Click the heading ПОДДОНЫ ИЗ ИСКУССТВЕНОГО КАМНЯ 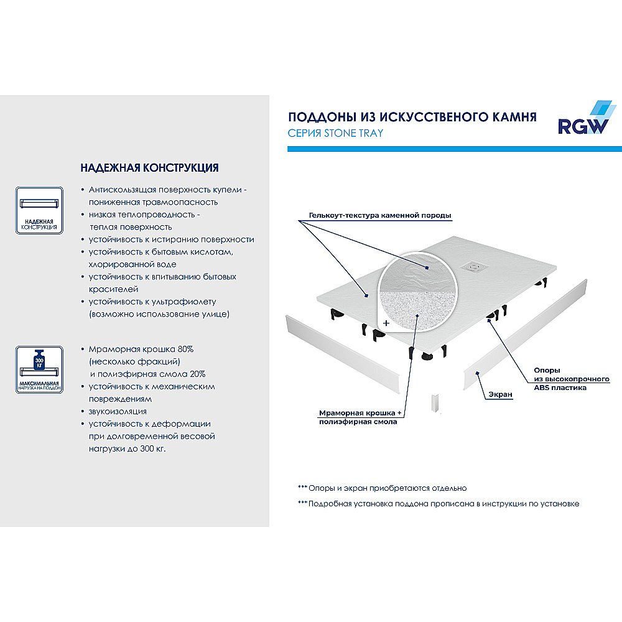click(x=412, y=117)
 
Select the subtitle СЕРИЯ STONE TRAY click(x=335, y=133)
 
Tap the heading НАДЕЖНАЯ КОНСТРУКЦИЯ click(x=149, y=168)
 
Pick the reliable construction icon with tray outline click(x=39, y=210)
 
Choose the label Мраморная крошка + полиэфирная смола click(x=358, y=417)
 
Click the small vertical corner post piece click(x=435, y=403)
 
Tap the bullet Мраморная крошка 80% click(x=141, y=349)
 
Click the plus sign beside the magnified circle click(x=386, y=323)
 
